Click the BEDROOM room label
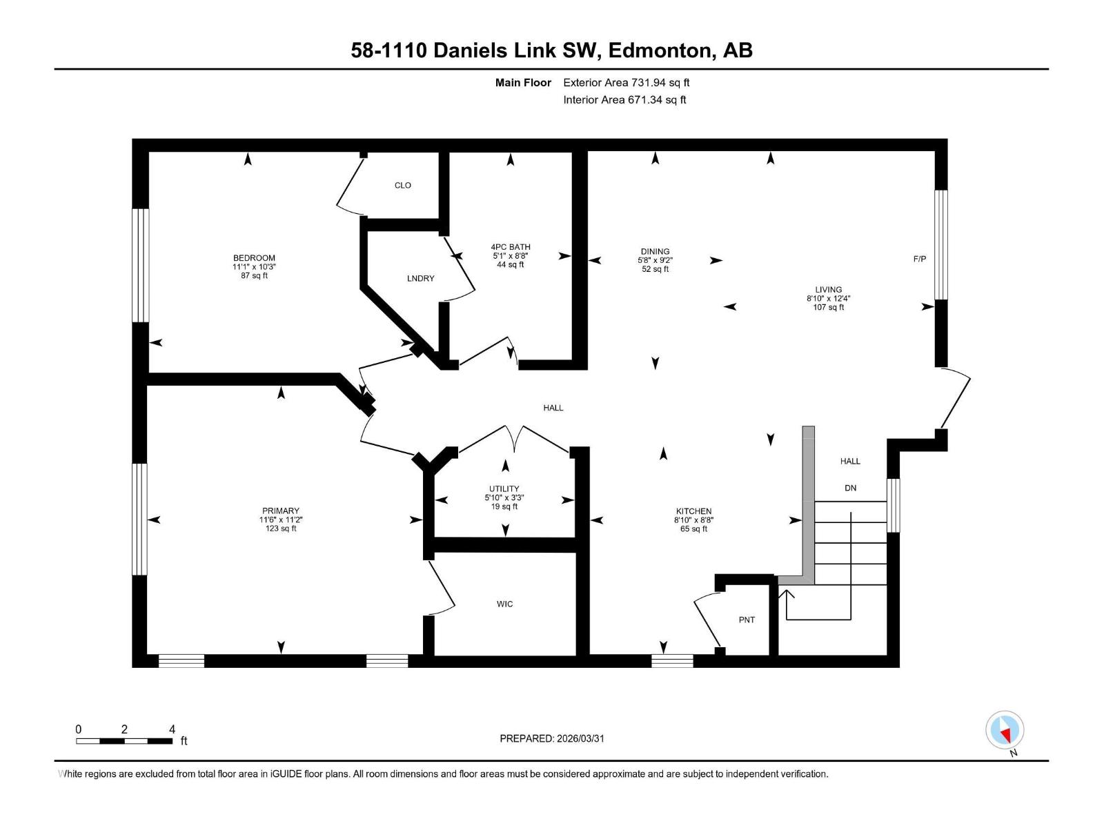coord(254,258)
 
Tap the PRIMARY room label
coord(281,511)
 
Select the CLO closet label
coord(403,186)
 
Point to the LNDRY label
coord(420,279)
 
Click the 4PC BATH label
coord(511,247)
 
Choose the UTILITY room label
coord(504,489)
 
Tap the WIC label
coord(504,604)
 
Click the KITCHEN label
coord(693,512)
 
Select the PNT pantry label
coord(747,620)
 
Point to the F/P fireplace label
coord(919,259)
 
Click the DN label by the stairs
coord(850,489)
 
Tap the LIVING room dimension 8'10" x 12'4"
coord(828,299)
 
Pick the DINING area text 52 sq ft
coord(655,270)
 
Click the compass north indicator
coord(1005,731)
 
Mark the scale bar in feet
coord(124,741)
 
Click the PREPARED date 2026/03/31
coord(552,738)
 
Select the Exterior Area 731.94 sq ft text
coord(626,83)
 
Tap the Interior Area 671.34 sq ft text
coord(624,100)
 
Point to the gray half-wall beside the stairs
coord(809,504)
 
